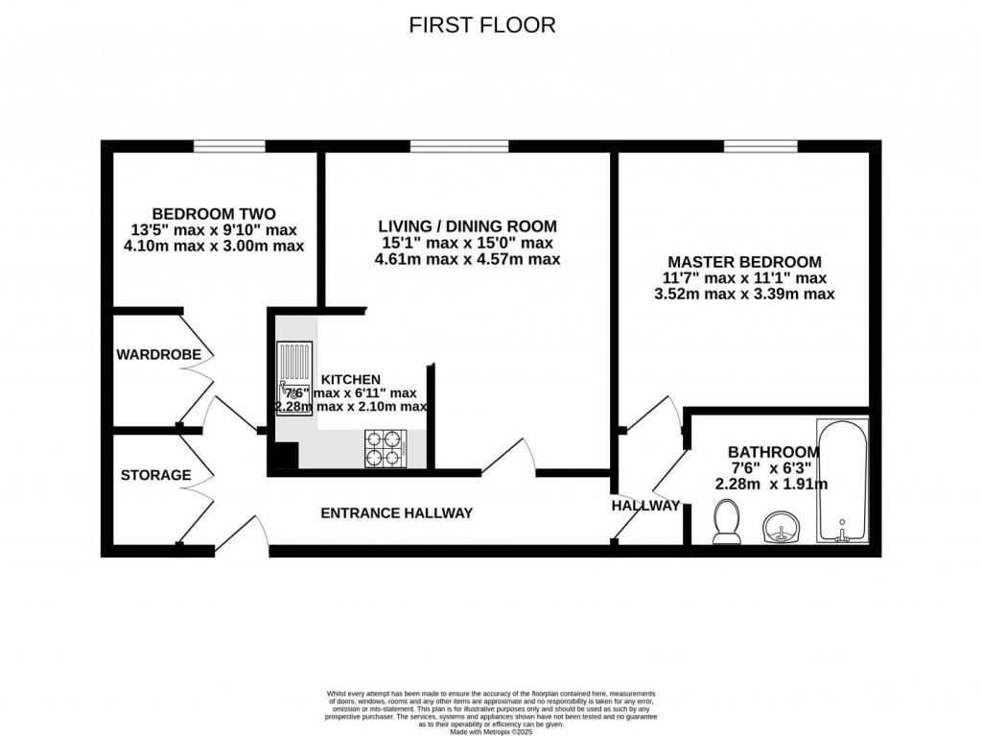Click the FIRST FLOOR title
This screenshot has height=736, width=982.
[x=482, y=25]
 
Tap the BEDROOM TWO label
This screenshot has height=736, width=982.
[x=215, y=213]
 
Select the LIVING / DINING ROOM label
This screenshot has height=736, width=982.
[x=467, y=226]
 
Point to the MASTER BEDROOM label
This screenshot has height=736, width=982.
[x=744, y=261]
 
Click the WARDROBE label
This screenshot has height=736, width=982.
[x=159, y=355]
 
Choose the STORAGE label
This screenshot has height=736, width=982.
[x=155, y=475]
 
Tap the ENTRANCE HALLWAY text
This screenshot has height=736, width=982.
[x=396, y=513]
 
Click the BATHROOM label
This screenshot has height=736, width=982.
[x=773, y=452]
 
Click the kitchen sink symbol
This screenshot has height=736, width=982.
[x=293, y=380]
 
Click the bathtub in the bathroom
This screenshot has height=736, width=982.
[x=842, y=480]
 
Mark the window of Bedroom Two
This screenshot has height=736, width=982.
[x=229, y=147]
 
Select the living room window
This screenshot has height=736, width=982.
[x=459, y=147]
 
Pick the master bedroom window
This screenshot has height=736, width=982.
[x=760, y=147]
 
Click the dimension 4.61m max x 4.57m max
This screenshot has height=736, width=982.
[x=467, y=259]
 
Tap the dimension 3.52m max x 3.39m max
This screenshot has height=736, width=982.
[x=744, y=294]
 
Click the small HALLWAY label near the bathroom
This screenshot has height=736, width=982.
[x=645, y=506]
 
